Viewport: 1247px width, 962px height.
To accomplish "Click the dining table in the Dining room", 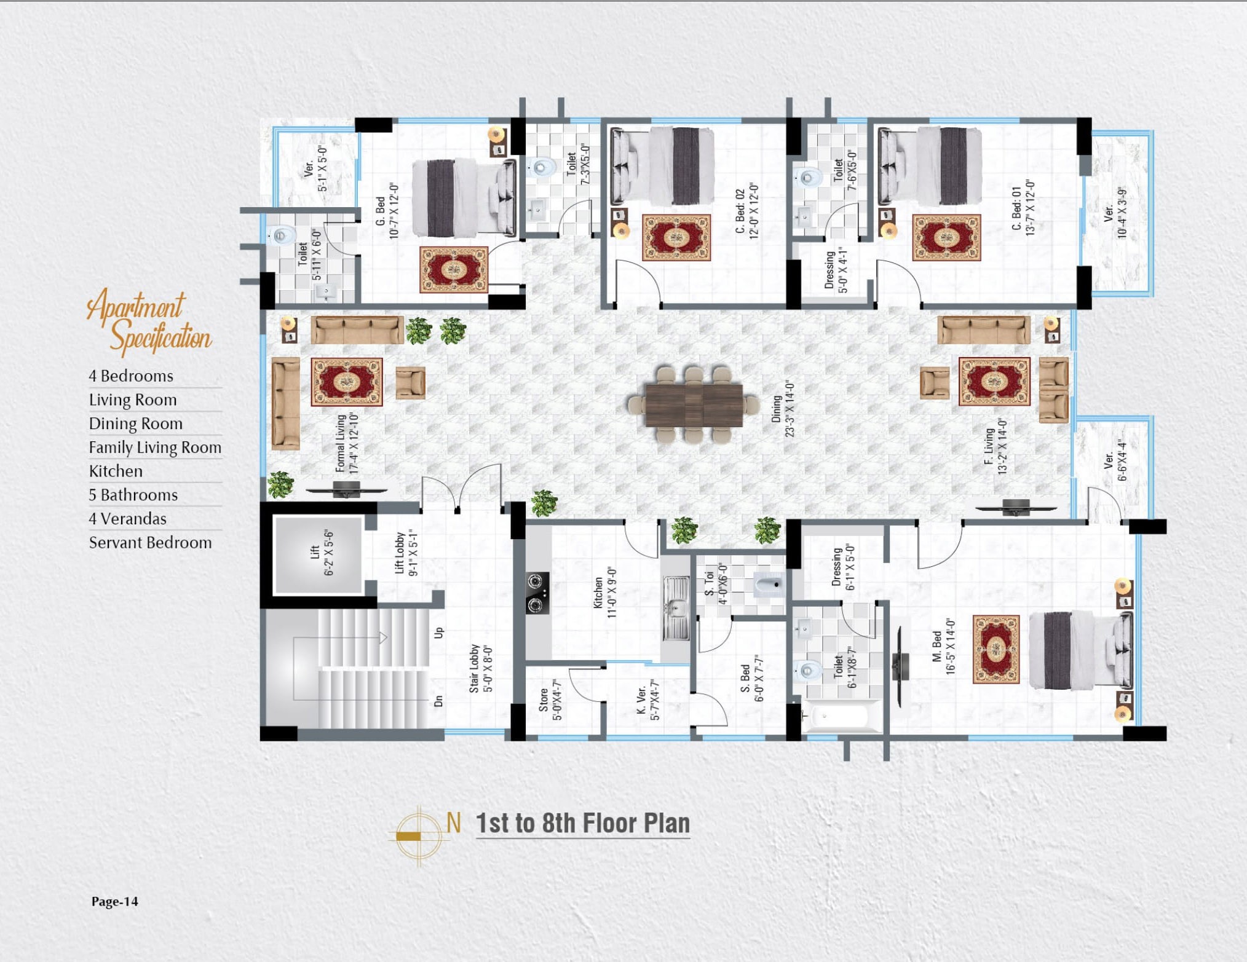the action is [x=694, y=404].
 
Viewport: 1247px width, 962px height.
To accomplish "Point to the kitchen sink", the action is [x=676, y=609].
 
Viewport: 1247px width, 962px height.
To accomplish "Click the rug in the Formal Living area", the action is [x=347, y=382].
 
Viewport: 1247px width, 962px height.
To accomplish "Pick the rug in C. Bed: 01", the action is [x=946, y=237].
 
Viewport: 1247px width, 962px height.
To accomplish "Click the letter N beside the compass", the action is [x=454, y=822].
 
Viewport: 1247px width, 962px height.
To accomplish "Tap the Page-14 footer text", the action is [x=115, y=901].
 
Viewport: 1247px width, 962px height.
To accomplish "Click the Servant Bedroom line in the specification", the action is [x=151, y=542].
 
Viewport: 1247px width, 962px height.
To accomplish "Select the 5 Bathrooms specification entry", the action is [x=133, y=495].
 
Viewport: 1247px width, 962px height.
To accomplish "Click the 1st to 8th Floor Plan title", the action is [x=583, y=823].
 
